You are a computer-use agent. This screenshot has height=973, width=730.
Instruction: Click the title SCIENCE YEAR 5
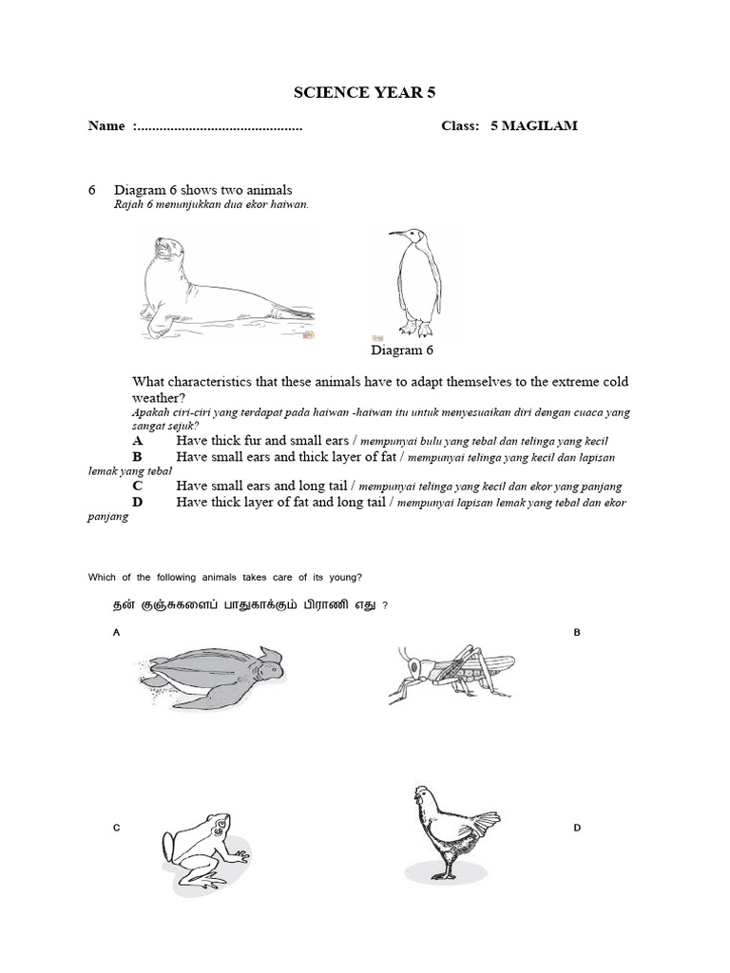[366, 92]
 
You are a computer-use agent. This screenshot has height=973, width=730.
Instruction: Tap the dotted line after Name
[220, 127]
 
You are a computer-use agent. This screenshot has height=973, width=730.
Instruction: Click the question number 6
[92, 190]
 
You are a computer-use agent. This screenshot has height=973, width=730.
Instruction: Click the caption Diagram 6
[402, 351]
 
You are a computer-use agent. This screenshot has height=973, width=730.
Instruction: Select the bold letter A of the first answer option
[138, 441]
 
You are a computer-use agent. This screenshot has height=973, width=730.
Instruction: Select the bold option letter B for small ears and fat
[138, 457]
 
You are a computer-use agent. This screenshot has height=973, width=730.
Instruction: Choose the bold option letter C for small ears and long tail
[138, 486]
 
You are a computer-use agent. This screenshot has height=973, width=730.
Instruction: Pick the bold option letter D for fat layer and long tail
[138, 502]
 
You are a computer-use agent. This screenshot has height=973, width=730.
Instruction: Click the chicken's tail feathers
[485, 820]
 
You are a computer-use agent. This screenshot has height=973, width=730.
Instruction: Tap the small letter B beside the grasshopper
[576, 632]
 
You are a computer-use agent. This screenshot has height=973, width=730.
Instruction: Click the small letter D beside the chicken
[576, 829]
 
